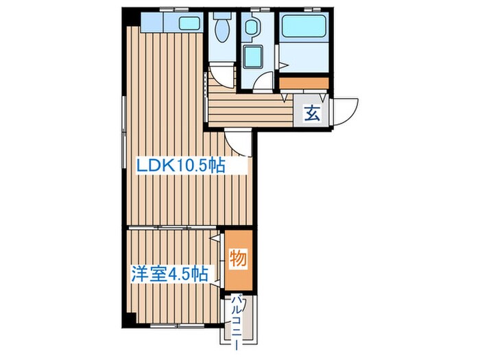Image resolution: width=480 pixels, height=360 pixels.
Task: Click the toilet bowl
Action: click(x=222, y=31)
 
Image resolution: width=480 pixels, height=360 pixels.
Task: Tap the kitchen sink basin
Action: click(x=189, y=23)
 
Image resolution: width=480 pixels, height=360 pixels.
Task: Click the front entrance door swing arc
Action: click(x=346, y=112)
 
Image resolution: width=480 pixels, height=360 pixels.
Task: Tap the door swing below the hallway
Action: click(x=240, y=141)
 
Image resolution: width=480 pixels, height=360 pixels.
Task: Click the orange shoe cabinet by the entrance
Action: click(x=303, y=84)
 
